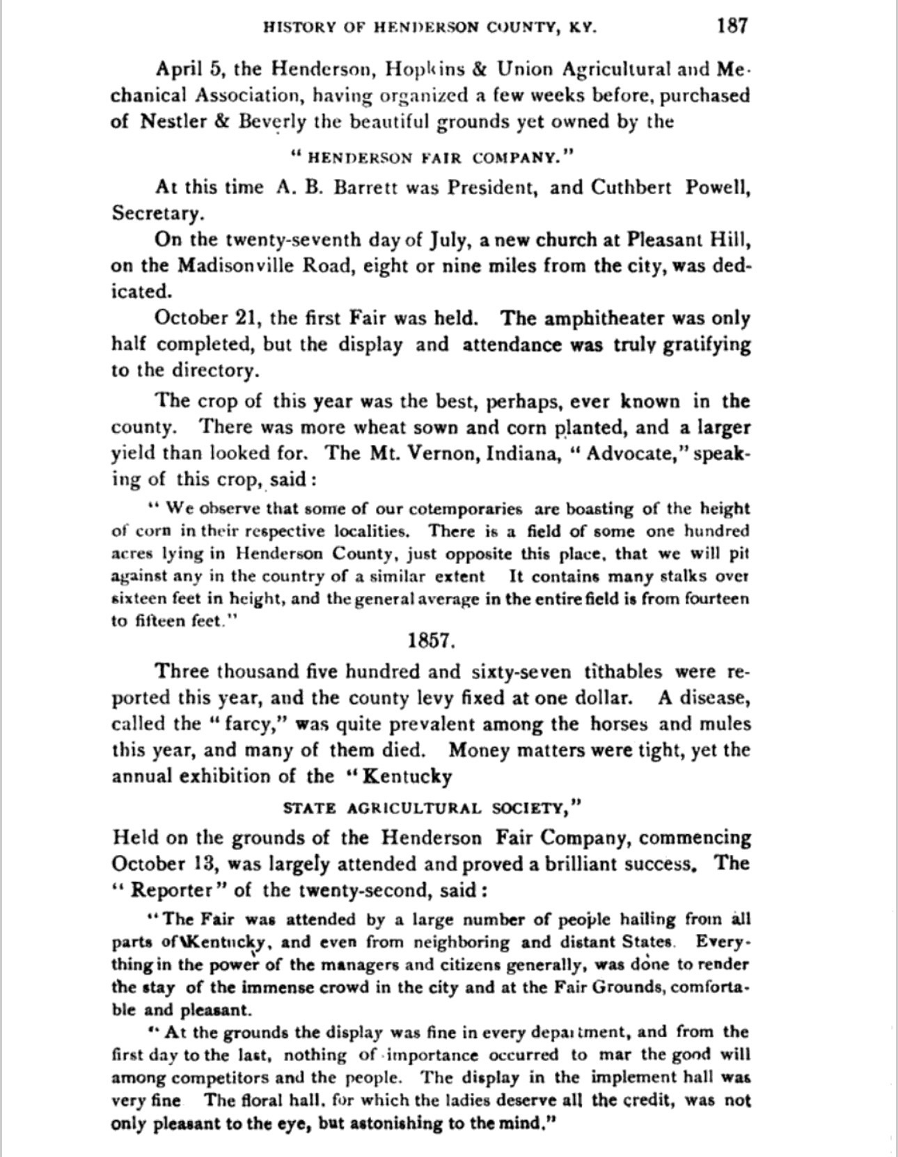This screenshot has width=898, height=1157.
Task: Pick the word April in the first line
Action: point(180,70)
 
